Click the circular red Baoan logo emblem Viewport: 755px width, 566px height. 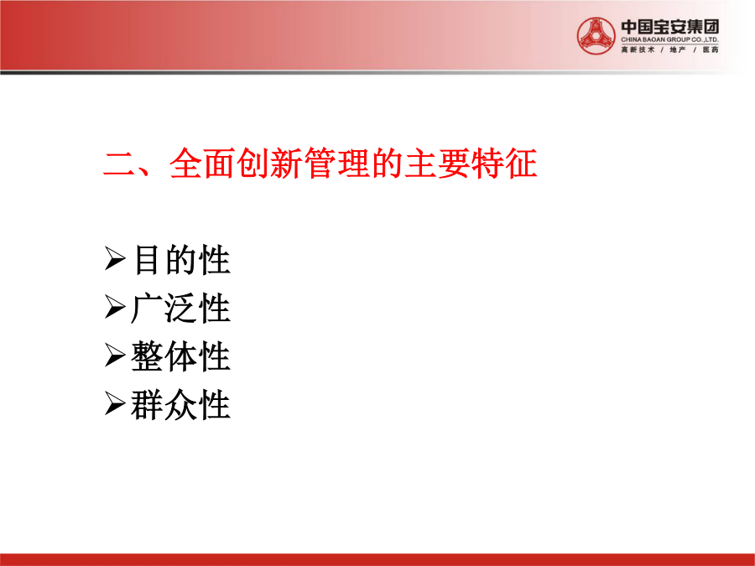596,36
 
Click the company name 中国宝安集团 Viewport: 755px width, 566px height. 669,27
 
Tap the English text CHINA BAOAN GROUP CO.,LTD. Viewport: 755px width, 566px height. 669,39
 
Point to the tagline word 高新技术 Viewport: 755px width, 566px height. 638,49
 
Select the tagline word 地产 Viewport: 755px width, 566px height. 678,49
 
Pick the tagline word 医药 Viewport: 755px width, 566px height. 711,49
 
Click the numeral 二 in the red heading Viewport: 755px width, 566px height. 119,164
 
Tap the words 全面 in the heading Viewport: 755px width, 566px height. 202,164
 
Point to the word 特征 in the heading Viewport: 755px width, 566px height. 504,164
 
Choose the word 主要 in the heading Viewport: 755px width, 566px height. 437,164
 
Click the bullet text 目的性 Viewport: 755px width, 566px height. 181,260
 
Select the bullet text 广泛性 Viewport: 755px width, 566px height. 180,308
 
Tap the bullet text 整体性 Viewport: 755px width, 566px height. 180,356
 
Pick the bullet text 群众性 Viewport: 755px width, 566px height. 180,405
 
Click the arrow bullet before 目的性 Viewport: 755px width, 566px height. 115,259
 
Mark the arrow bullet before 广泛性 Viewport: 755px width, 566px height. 115,307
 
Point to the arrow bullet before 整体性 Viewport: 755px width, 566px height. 115,356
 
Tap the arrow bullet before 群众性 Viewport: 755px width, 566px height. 115,404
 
